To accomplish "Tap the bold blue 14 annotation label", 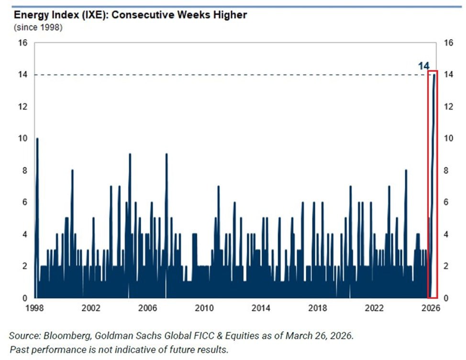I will [423, 66].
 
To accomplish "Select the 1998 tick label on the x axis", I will [34, 308].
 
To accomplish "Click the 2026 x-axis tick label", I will [430, 308].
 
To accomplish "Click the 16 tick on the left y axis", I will [23, 43].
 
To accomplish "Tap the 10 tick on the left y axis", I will [23, 139].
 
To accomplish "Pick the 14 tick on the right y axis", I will [448, 75].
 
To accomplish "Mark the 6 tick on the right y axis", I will [446, 203].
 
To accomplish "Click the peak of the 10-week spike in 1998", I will [37, 139].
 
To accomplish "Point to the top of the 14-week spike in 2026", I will [434, 75].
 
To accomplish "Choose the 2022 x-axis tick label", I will [374, 308].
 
